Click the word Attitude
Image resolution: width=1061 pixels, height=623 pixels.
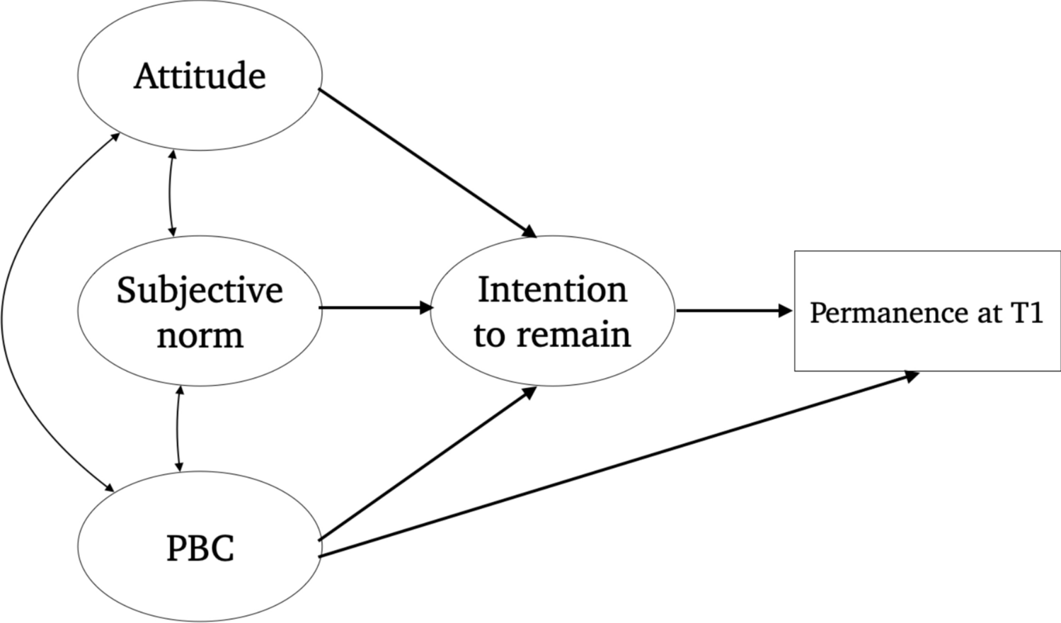[200, 76]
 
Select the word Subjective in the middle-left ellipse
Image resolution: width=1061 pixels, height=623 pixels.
[200, 290]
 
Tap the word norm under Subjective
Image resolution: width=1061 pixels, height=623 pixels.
[200, 335]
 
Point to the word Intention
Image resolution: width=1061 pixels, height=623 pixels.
[552, 290]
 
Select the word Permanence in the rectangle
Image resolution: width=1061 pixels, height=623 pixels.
[890, 313]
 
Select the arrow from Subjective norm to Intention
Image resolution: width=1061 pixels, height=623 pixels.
[375, 308]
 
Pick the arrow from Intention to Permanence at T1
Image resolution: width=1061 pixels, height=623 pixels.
[733, 311]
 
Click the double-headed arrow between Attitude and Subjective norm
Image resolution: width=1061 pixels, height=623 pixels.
[171, 193]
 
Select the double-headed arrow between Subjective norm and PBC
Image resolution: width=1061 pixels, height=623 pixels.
[178, 429]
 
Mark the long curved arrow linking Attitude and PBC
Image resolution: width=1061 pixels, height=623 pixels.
[14, 311]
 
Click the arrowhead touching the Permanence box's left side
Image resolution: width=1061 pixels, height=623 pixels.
[785, 311]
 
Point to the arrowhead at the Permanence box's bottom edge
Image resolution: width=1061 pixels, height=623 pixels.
[911, 376]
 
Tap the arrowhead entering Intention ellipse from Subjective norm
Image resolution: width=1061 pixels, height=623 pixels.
[426, 308]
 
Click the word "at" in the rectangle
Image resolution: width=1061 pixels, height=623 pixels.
[988, 313]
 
